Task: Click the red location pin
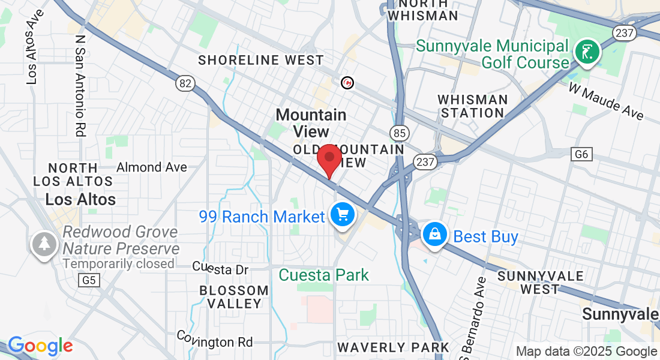pyautogui.click(x=329, y=160)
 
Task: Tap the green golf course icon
pyautogui.click(x=587, y=52)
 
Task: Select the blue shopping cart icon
pyautogui.click(x=342, y=214)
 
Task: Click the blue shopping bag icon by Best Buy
pyautogui.click(x=434, y=235)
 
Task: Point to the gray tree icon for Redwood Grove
pyautogui.click(x=44, y=244)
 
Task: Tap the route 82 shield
pyautogui.click(x=185, y=83)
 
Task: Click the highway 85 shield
pyautogui.click(x=399, y=133)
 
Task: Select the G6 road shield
pyautogui.click(x=581, y=155)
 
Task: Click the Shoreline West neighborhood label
pyautogui.click(x=261, y=60)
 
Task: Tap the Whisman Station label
pyautogui.click(x=473, y=106)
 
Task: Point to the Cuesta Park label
pyautogui.click(x=324, y=275)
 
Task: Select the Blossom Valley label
pyautogui.click(x=234, y=297)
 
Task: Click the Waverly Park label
pyautogui.click(x=393, y=347)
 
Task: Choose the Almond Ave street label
pyautogui.click(x=152, y=167)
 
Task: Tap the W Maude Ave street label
pyautogui.click(x=606, y=103)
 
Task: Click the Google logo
pyautogui.click(x=40, y=346)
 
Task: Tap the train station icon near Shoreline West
pyautogui.click(x=347, y=82)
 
